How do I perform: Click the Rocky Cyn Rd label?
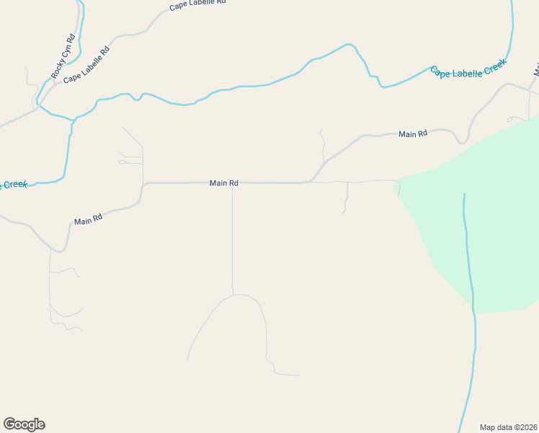pyautogui.click(x=63, y=56)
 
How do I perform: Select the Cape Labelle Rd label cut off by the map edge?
pyautogui.click(x=197, y=4)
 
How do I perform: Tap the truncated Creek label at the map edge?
pyautogui.click(x=13, y=185)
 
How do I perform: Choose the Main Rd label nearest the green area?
pyautogui.click(x=413, y=134)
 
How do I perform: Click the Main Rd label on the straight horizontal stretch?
pyautogui.click(x=223, y=183)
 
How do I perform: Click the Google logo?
pyautogui.click(x=24, y=424)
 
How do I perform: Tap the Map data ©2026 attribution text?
pyautogui.click(x=509, y=427)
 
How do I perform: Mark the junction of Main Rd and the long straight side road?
pyautogui.click(x=232, y=183)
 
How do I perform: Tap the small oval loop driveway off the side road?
pyautogui.click(x=123, y=162)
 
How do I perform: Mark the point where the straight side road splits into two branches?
pyautogui.click(x=233, y=294)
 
